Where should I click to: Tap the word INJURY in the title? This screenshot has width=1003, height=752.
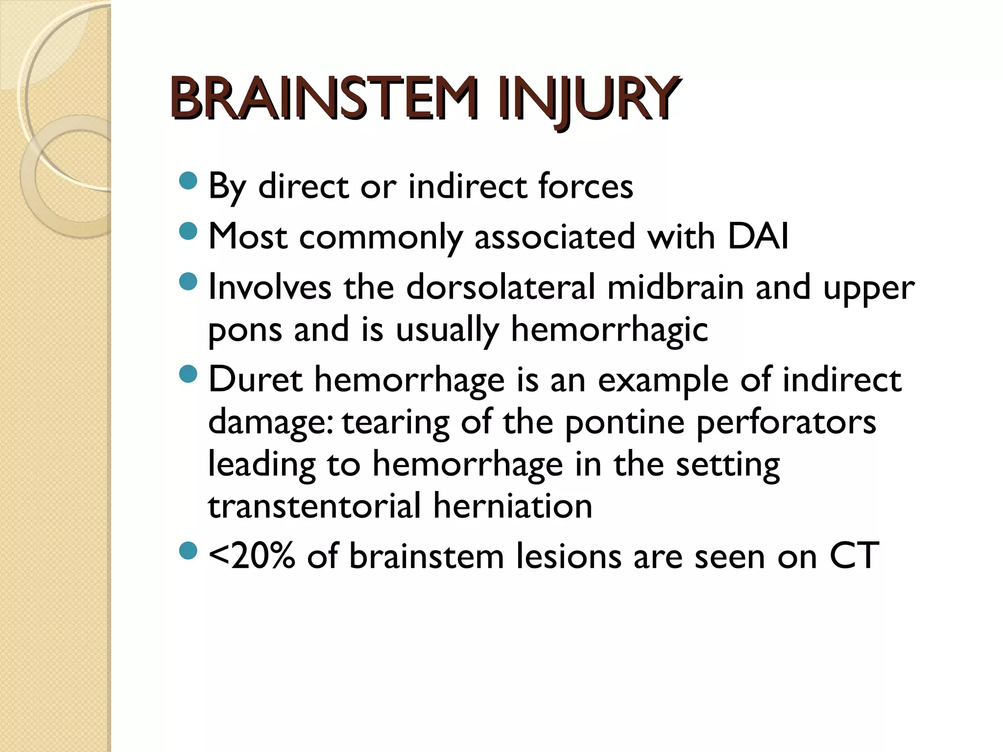587,100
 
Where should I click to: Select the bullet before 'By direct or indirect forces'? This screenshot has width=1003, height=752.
188,181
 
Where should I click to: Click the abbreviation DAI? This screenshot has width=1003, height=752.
758,236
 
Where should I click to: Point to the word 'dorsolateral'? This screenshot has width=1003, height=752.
500,287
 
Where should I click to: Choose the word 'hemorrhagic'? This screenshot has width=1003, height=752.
609,330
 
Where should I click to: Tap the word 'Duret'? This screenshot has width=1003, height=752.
255,379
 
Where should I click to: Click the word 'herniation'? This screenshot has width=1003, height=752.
513,506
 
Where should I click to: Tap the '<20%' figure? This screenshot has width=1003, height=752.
252,556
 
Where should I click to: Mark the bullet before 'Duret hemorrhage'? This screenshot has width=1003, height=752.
188,375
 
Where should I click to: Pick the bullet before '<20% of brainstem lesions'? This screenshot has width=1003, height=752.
188,551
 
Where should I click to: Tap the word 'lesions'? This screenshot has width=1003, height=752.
569,557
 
